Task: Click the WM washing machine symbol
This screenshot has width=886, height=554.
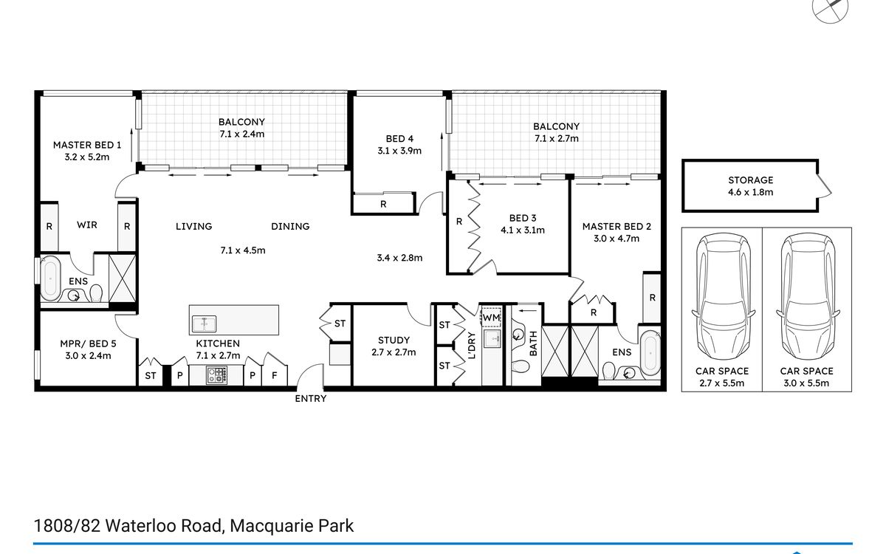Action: tap(491, 317)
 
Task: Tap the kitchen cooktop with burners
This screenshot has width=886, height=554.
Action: tap(217, 375)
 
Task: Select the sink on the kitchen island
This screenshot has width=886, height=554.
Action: tap(204, 324)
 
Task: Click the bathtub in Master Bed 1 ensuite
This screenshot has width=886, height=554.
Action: tap(50, 279)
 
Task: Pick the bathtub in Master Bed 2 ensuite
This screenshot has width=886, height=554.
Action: tap(650, 353)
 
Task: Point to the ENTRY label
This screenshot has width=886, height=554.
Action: tap(311, 398)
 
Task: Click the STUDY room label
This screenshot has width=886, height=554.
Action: tap(394, 341)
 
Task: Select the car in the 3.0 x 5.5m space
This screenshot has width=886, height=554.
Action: tap(808, 297)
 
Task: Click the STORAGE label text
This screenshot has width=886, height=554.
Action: tap(751, 180)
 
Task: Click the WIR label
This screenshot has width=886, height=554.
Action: tap(87, 225)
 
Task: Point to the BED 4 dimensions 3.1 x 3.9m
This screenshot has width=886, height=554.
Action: tap(399, 151)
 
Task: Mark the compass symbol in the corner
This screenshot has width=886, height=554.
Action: tap(830, 8)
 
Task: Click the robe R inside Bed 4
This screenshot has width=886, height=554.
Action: tap(383, 204)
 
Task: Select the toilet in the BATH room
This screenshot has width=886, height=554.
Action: tap(520, 366)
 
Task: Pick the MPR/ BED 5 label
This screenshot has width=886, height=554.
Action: tap(88, 343)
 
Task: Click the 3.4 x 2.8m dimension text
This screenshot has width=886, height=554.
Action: tap(399, 258)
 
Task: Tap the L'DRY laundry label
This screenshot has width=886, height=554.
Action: tap(472, 345)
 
